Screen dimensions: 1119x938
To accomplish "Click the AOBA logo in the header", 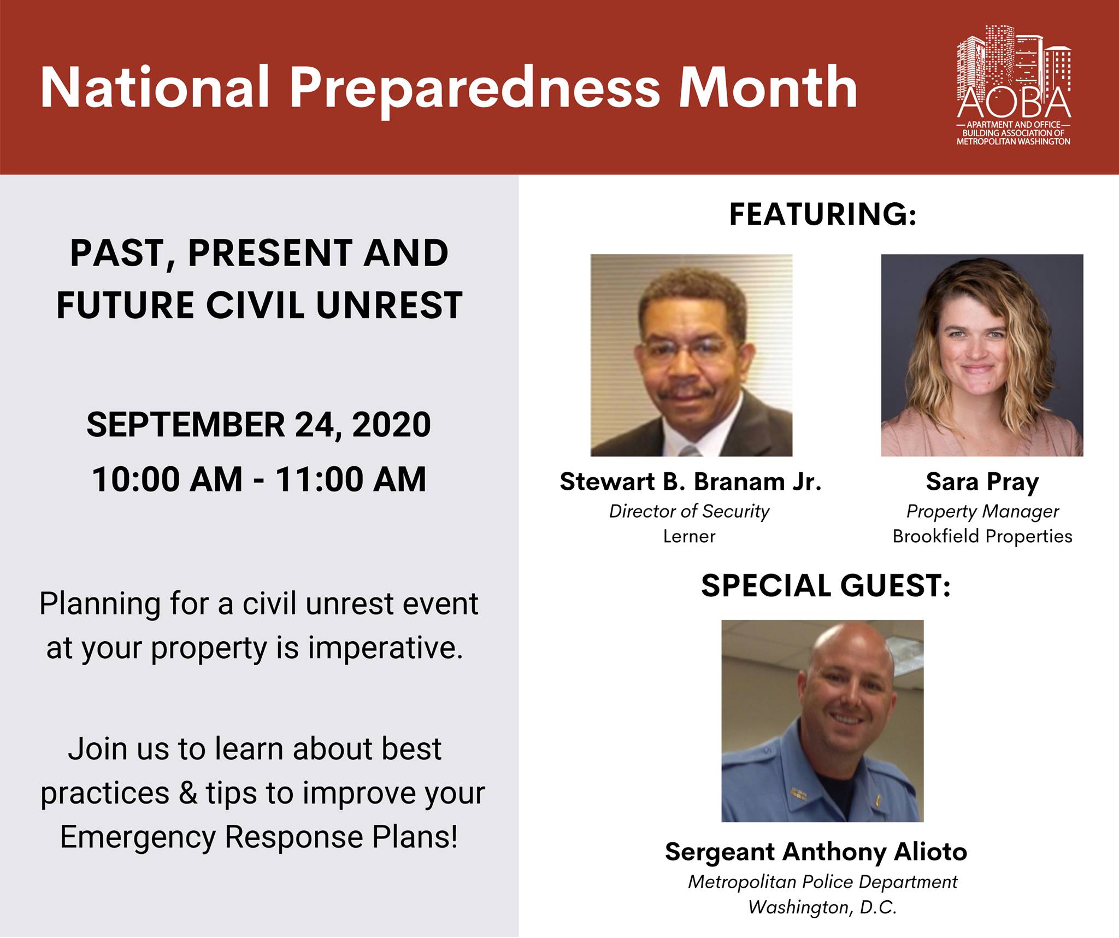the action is (1014, 85).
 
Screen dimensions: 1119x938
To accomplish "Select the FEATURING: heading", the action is (822, 214).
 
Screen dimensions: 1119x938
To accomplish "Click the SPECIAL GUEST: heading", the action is (826, 585).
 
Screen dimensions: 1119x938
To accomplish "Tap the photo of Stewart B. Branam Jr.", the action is (691, 355).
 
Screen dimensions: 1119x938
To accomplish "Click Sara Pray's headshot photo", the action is (982, 355).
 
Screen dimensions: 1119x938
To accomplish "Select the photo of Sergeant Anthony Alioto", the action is (822, 721).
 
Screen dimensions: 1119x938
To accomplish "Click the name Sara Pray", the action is (982, 483).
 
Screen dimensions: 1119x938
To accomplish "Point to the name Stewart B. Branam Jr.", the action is (691, 482).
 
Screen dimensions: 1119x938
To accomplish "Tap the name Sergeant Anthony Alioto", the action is (816, 852).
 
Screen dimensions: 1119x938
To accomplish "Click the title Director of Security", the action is (689, 511).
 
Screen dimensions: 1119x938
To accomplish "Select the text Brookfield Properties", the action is (982, 536).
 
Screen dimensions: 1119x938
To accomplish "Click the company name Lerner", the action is (689, 536).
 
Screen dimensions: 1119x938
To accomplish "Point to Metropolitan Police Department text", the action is (822, 882).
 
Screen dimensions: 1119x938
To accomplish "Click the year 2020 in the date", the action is (391, 425).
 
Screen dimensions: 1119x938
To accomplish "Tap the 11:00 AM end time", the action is (350, 479).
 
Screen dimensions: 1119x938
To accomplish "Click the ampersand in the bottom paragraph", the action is (188, 793).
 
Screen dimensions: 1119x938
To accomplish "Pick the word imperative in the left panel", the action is (385, 648).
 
